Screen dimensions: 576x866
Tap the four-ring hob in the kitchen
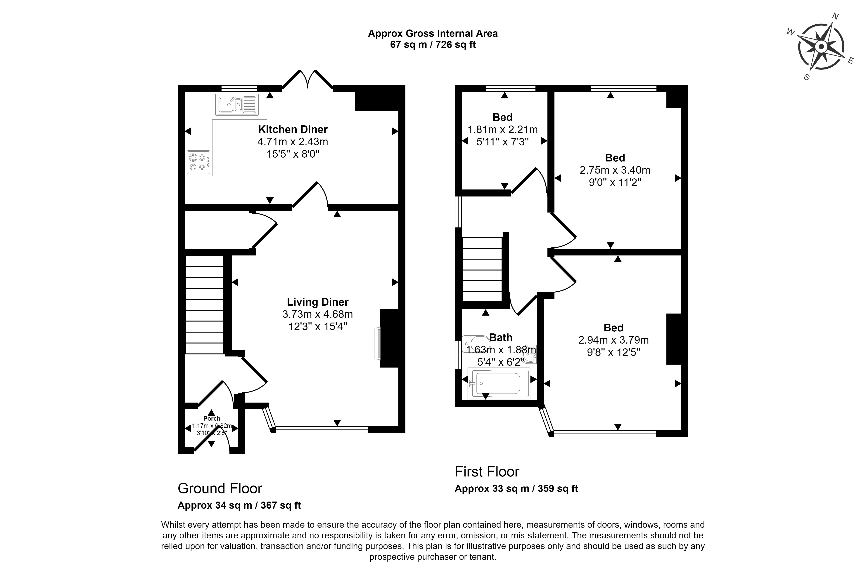pyautogui.click(x=198, y=162)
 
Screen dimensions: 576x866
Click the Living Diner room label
pyautogui.click(x=318, y=302)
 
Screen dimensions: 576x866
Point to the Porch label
pyautogui.click(x=212, y=418)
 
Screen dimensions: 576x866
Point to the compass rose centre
pyautogui.click(x=821, y=47)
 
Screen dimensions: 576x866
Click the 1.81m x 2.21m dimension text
pyautogui.click(x=502, y=130)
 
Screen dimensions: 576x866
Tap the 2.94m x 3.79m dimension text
pyautogui.click(x=613, y=340)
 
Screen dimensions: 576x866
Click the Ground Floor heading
pyautogui.click(x=220, y=488)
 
